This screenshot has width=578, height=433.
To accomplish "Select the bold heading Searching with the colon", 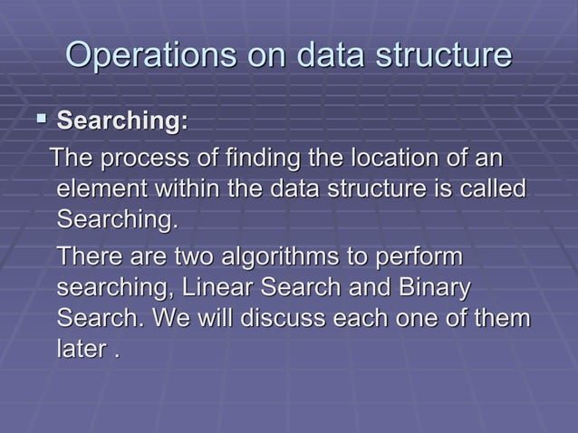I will click(122, 120).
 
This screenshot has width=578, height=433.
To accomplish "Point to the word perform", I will click(419, 259).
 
